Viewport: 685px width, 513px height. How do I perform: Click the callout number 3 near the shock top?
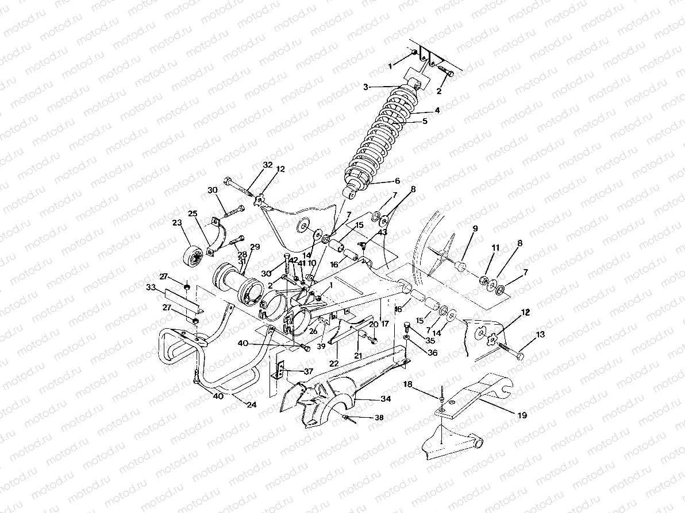[x=365, y=87]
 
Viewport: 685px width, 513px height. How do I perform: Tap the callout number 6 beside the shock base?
[x=397, y=181]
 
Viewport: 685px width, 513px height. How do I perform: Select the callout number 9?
[x=475, y=228]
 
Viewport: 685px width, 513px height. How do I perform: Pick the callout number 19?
[x=521, y=415]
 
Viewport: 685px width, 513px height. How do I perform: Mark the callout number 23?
[x=176, y=224]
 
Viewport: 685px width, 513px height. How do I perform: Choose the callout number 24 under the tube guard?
[x=251, y=404]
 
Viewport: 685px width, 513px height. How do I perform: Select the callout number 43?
[x=382, y=232]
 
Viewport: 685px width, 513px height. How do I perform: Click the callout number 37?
[x=308, y=371]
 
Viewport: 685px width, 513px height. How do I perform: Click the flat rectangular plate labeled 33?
[x=181, y=298]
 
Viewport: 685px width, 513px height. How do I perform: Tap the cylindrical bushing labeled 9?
[x=461, y=268]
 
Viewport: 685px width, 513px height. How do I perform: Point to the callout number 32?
[x=268, y=165]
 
